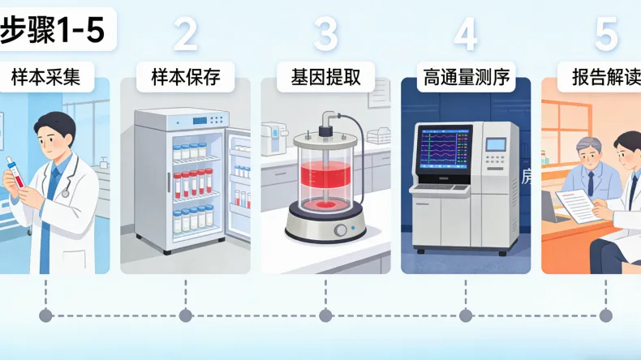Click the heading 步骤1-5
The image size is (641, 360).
[54, 31]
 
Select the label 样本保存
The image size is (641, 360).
[186, 78]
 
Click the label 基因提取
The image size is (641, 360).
[325, 78]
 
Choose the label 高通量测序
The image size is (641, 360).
[466, 78]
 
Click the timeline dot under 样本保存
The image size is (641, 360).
[186, 315]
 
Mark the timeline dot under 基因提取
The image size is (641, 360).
[325, 315]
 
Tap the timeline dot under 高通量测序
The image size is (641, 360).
[466, 315]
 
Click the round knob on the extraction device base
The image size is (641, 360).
[340, 230]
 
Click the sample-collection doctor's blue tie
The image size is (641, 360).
[54, 183]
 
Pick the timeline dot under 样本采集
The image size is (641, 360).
[45, 315]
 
